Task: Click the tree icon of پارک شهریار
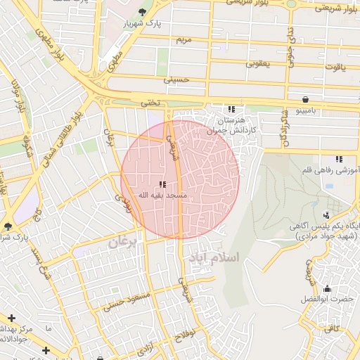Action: [143, 13]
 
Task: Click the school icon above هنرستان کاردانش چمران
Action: [231, 109]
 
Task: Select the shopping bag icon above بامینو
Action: [305, 99]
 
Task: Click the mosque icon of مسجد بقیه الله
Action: [162, 184]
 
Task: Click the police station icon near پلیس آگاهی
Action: [326, 215]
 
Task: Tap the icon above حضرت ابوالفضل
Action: [327, 288]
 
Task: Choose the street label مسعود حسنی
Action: [127, 301]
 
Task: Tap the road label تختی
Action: [150, 103]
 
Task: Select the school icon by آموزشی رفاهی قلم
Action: [338, 159]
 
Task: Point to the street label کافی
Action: [331, 328]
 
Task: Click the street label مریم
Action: [183, 39]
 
